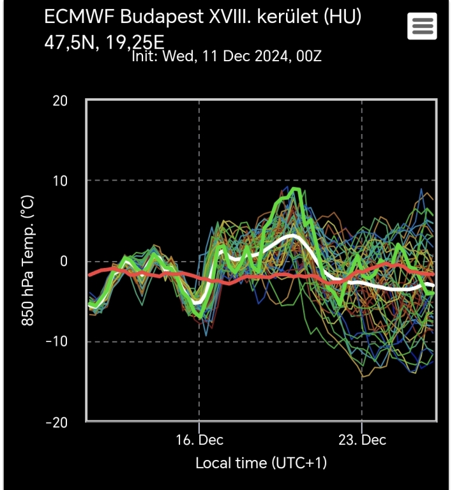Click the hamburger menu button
(x=422, y=26)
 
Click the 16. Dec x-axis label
(x=199, y=441)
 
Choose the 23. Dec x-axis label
(x=362, y=441)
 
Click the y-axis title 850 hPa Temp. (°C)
(x=29, y=260)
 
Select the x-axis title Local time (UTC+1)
(x=261, y=463)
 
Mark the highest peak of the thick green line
(x=294, y=189)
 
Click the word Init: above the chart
(x=146, y=56)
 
